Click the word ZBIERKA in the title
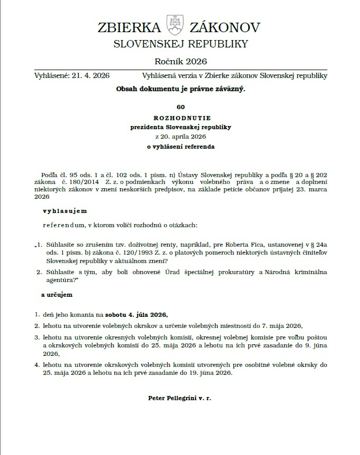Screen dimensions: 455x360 click(x=129, y=27)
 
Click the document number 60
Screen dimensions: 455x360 click(x=181, y=108)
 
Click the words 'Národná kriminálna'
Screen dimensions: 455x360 click(x=295, y=272)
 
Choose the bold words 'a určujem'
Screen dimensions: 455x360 click(x=56, y=295)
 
